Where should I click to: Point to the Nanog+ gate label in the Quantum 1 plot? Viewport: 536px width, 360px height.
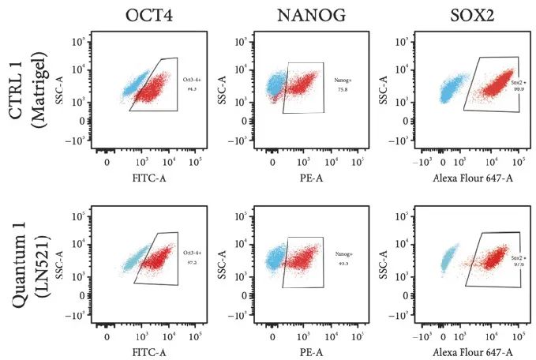click(x=345, y=254)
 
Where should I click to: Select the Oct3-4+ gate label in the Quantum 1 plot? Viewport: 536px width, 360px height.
click(x=191, y=253)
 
